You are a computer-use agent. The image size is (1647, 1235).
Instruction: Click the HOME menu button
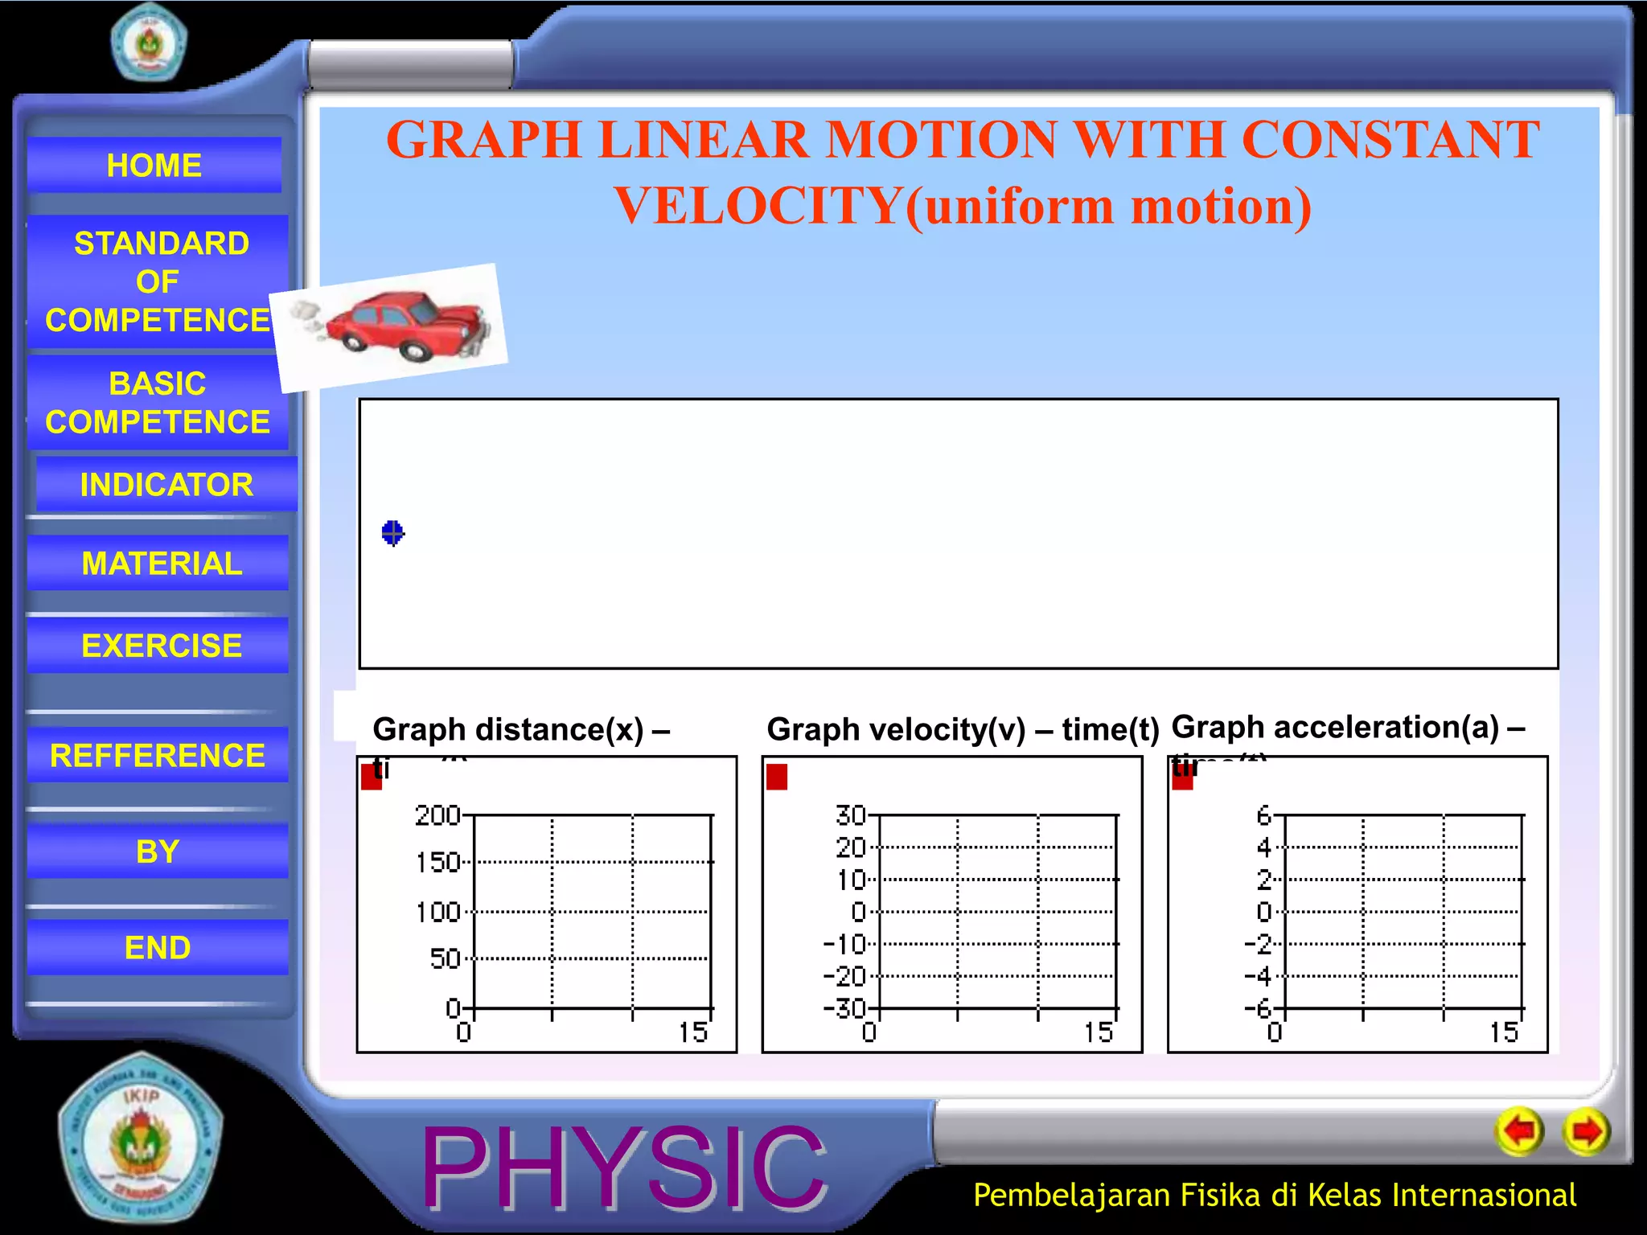(x=154, y=165)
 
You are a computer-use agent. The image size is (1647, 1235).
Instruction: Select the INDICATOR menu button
(x=166, y=484)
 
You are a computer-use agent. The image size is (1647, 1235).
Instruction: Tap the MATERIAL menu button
(x=161, y=563)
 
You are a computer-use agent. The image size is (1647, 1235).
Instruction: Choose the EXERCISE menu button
(x=161, y=645)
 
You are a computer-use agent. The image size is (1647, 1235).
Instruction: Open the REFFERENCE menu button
(x=158, y=755)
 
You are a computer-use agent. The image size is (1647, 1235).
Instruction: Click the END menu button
(x=158, y=947)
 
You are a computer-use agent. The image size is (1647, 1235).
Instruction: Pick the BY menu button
(x=158, y=851)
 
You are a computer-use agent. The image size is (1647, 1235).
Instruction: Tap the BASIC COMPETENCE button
(x=158, y=402)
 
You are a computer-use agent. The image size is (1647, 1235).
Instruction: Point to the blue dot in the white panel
(x=392, y=532)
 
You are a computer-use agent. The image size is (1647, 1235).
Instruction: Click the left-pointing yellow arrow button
(x=1519, y=1132)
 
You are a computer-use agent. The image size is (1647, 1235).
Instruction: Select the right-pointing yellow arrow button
(x=1586, y=1132)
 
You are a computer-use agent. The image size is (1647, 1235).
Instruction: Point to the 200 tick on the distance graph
(x=437, y=815)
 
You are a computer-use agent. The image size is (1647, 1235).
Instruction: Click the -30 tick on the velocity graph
(x=844, y=1008)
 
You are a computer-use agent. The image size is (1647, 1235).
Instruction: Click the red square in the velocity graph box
(x=777, y=777)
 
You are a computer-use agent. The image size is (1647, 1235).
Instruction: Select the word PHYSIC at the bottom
(x=624, y=1167)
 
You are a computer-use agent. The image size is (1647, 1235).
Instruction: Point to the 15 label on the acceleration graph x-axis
(x=1503, y=1032)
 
